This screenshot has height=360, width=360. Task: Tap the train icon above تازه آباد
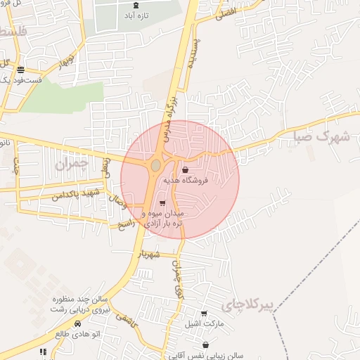[136, 5]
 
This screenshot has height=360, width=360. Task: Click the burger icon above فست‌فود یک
[21, 70]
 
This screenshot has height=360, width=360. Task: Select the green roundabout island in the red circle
[155, 166]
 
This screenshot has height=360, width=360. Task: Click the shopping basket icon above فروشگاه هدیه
[185, 169]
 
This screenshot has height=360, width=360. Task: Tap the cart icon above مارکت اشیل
[204, 314]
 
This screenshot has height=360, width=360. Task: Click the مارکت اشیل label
[204, 324]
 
